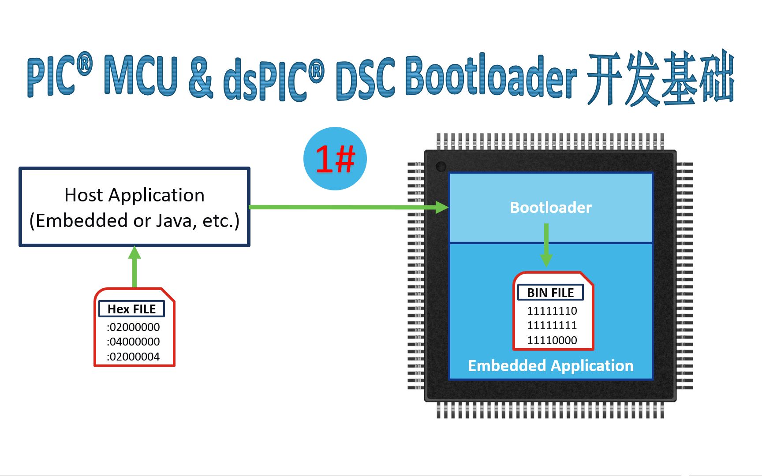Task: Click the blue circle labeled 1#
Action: (x=335, y=159)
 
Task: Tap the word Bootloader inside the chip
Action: (x=551, y=208)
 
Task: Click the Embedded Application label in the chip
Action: (x=551, y=366)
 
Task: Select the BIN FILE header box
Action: (x=550, y=293)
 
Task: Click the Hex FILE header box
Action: (x=131, y=309)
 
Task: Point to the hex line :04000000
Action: (x=133, y=342)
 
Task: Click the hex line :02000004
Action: (x=133, y=357)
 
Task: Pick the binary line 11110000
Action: (x=552, y=340)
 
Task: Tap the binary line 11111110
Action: (x=552, y=311)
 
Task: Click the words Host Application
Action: (x=134, y=195)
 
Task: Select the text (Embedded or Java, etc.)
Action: (x=134, y=221)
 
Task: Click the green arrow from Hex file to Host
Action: (x=134, y=267)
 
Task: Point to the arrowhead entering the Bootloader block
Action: (x=441, y=207)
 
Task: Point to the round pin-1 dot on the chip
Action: (x=441, y=167)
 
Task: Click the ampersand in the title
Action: (x=201, y=79)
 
